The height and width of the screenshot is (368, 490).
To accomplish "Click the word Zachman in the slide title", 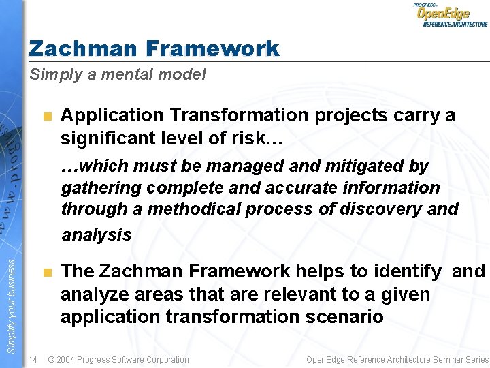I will click(x=82, y=48).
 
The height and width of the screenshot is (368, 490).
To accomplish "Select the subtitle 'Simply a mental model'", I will click(x=117, y=75).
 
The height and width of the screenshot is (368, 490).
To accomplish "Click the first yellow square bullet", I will click(x=46, y=116).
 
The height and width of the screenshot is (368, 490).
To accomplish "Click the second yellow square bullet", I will click(x=46, y=273).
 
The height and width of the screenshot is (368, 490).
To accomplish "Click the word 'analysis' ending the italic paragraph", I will click(x=96, y=235).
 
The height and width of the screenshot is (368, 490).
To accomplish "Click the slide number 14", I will click(x=33, y=359).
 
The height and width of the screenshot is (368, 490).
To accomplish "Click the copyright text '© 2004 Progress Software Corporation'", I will click(x=118, y=359).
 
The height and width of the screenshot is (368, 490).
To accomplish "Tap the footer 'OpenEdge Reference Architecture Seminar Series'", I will click(x=397, y=359).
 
